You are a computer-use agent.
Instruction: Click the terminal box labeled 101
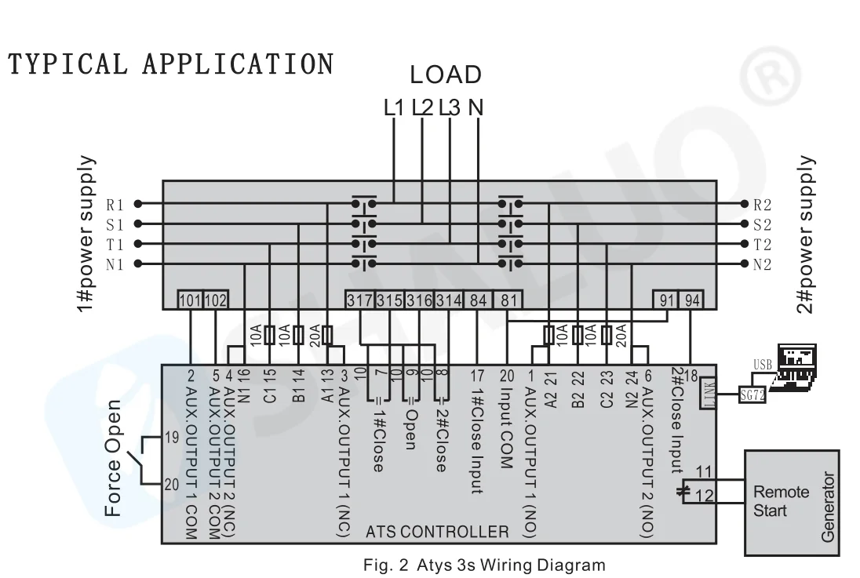(190, 300)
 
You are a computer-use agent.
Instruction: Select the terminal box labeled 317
(360, 300)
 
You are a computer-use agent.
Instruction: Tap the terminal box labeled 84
(478, 300)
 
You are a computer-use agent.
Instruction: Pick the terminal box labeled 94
(692, 300)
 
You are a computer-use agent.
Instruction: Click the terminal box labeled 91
(666, 300)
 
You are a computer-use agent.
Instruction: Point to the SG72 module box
(752, 394)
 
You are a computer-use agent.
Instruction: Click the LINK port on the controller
(709, 393)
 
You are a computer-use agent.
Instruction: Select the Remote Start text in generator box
(781, 501)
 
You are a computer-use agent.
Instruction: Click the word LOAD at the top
(446, 75)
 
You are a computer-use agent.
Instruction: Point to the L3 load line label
(450, 107)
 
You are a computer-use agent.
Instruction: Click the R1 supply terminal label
(115, 205)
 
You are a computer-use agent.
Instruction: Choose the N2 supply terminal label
(763, 264)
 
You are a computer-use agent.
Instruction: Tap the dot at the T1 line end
(138, 243)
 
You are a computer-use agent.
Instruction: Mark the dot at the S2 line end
(745, 224)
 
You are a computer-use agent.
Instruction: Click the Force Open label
(113, 459)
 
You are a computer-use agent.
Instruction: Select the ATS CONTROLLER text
(437, 532)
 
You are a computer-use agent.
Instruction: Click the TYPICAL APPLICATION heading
(170, 64)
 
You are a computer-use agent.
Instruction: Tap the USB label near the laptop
(763, 364)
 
